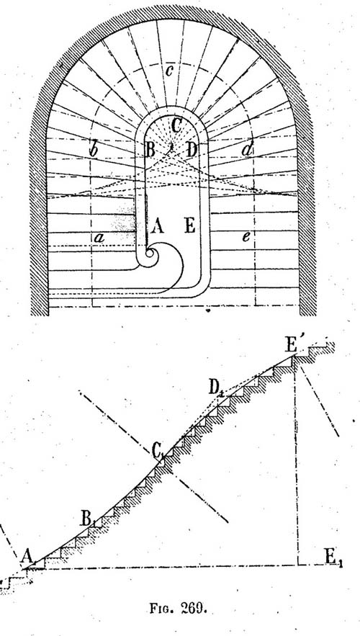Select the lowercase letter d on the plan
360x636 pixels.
[x=246, y=149]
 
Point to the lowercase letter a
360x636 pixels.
[x=99, y=238]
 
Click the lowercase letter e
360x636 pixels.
[x=246, y=238]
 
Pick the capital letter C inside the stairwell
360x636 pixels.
[x=176, y=126]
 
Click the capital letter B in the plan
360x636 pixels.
[x=150, y=151]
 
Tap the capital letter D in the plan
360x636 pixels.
[x=192, y=150]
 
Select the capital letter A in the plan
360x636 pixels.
[x=157, y=226]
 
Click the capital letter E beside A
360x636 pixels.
[x=190, y=225]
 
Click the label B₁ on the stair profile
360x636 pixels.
[x=86, y=519]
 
